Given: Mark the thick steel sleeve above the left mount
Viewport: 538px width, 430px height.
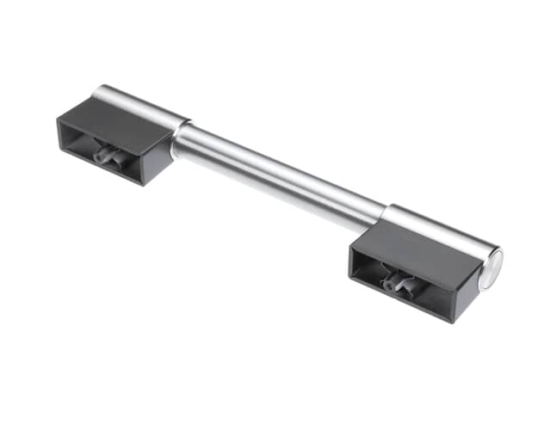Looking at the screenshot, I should point(142,103).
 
